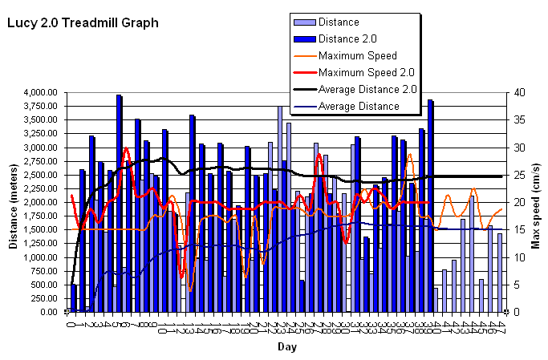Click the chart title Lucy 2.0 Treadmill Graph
(83, 23)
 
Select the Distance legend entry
(338, 22)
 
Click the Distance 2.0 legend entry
(347, 38)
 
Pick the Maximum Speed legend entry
(357, 55)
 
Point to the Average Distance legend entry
(358, 106)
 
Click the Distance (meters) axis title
(14, 202)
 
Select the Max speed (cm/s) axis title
(536, 202)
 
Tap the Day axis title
(286, 346)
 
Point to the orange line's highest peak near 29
(411, 155)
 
